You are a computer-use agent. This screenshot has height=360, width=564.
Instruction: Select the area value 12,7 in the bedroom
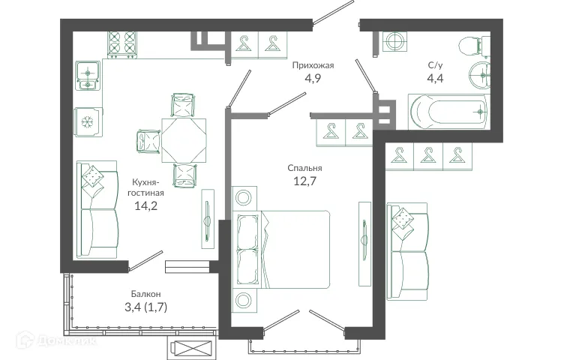pos(304,179)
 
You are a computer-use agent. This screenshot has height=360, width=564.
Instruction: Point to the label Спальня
pos(304,168)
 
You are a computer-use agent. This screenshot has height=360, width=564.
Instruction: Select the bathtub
pos(448,112)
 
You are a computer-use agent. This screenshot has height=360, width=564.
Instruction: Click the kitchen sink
pos(88,76)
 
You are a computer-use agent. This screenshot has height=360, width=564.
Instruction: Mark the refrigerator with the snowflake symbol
pos(88,121)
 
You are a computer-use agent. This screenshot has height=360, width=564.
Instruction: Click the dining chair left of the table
pos(148,140)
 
